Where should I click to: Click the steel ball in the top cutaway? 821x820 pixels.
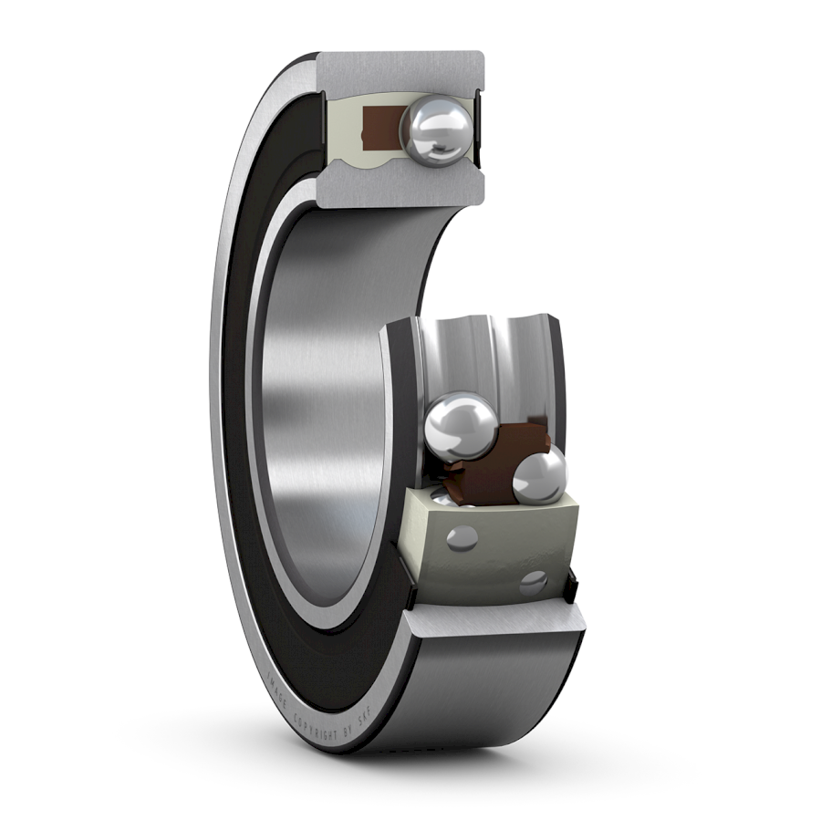pos(438,131)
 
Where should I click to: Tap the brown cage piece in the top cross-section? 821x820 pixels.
pos(377,128)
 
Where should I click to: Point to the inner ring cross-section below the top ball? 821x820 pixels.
pos(401,187)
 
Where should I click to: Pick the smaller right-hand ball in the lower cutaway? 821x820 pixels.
pos(539,475)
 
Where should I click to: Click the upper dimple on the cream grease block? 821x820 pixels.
pos(462,538)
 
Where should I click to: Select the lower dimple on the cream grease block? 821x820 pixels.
pos(534,581)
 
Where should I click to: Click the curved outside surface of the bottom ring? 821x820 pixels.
pos(493,702)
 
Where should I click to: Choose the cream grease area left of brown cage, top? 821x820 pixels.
pos(342,128)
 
